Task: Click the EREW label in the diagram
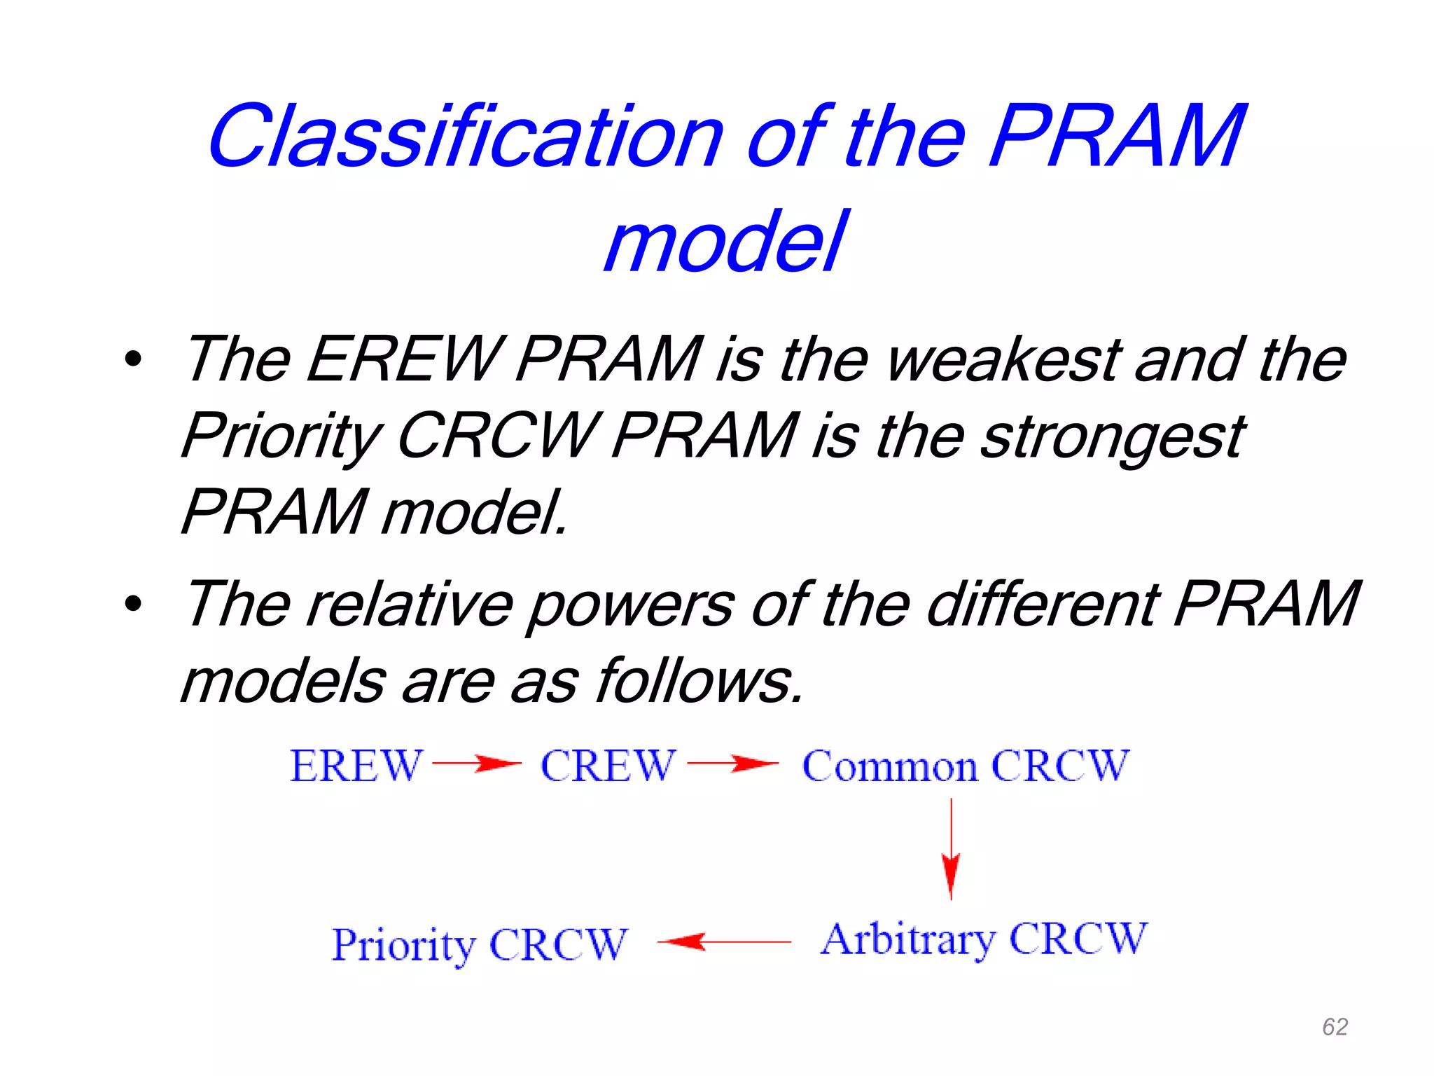tap(356, 765)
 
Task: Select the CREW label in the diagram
tap(608, 765)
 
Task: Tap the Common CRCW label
tap(965, 765)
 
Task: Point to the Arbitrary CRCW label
tap(984, 939)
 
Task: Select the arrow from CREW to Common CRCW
tap(732, 764)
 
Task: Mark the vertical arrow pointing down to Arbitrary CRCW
tap(950, 849)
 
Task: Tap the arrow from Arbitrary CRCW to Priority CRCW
tap(724, 942)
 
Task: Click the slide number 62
tap(1335, 1027)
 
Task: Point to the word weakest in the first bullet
tap(1003, 359)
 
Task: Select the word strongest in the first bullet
tap(1112, 436)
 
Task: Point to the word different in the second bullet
tap(1043, 604)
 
